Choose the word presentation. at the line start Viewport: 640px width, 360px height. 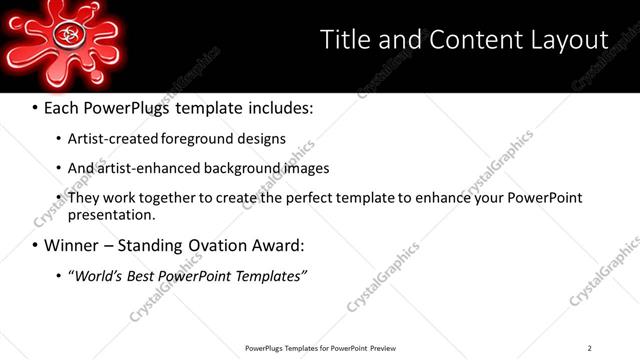111,215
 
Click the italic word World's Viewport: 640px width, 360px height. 99,275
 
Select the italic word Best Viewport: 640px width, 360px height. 149,275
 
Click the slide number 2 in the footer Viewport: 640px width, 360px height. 589,348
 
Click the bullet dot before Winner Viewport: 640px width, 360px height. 35,245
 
